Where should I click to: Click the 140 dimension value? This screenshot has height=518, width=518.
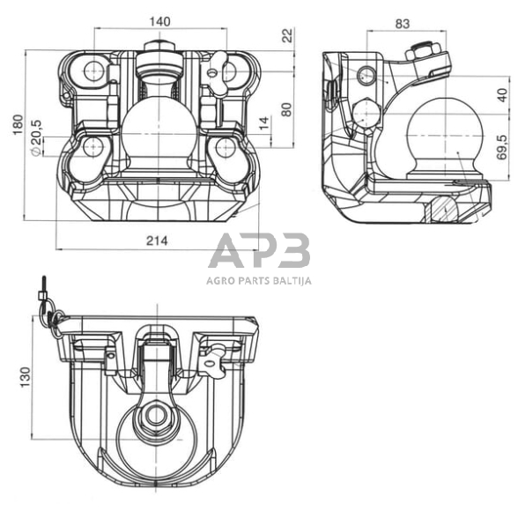(160, 21)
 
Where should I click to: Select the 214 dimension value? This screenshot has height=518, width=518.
(157, 240)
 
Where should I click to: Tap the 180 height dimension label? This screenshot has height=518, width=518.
(18, 124)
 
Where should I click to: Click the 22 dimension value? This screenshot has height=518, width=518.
(288, 35)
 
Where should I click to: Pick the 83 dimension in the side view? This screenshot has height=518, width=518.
(402, 24)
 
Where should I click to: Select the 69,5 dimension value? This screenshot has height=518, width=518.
(502, 147)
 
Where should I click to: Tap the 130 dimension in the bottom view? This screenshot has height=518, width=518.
(25, 377)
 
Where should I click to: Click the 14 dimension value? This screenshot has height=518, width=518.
(264, 123)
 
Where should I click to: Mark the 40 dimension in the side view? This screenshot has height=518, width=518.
(502, 95)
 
